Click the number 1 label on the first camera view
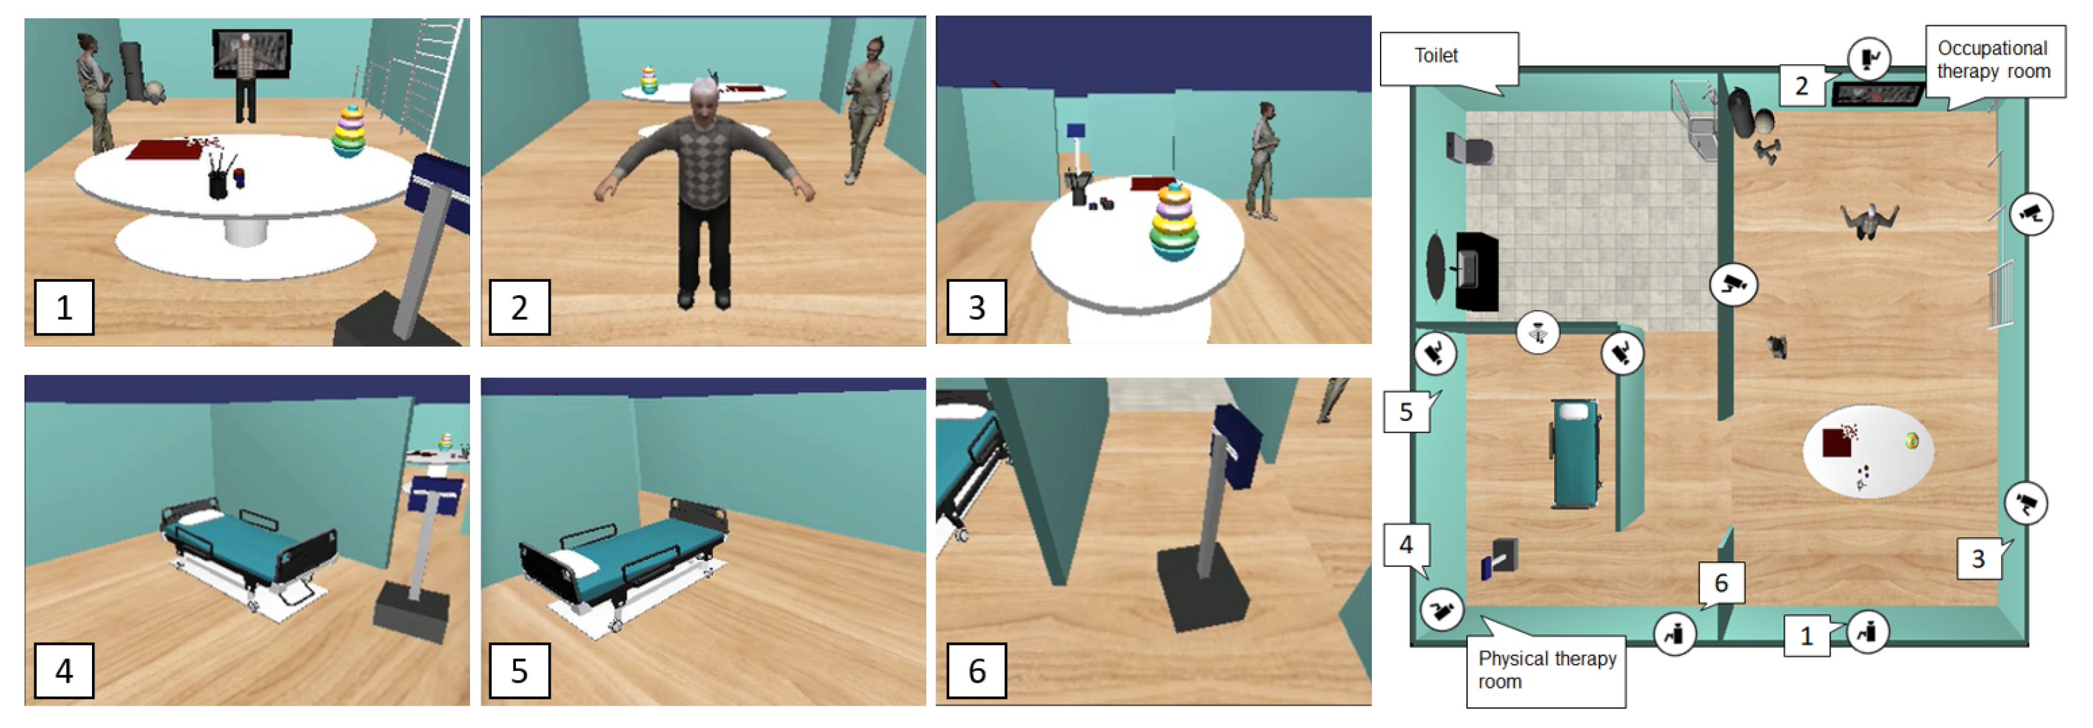coord(63,307)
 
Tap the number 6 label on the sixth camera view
coord(977,670)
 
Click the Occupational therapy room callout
coord(1995,61)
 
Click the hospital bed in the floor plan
coord(1575,453)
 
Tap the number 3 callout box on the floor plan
coord(1979,558)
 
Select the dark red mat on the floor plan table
coord(1836,443)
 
